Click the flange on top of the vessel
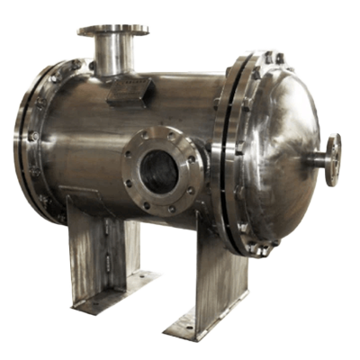112,31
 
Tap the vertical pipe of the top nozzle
112,56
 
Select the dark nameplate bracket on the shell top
130,90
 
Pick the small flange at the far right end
333,159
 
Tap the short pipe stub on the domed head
316,160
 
